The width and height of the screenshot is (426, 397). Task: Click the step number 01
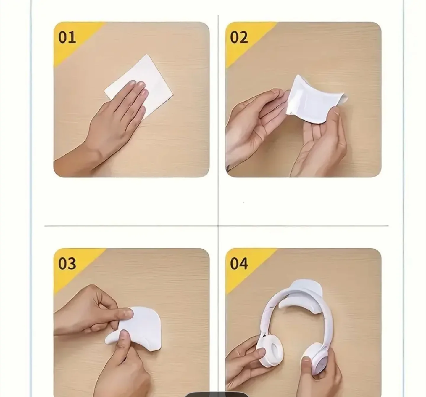tap(67, 38)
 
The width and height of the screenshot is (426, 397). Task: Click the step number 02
tap(239, 38)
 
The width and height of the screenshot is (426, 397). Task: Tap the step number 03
tap(67, 264)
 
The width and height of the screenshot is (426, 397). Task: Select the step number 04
tap(239, 264)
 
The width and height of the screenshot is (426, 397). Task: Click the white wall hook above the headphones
tap(305, 289)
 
